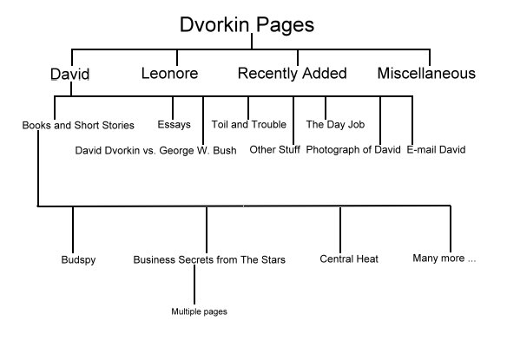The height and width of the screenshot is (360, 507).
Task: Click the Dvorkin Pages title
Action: (x=247, y=25)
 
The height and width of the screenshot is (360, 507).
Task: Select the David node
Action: (x=69, y=74)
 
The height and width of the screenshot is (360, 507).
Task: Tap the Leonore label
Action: (x=170, y=73)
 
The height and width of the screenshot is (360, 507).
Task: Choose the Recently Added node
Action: (x=293, y=74)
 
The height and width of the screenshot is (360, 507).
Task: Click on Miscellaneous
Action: (x=426, y=73)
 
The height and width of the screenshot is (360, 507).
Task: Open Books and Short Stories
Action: (x=78, y=125)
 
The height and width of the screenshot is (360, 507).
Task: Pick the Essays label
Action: (x=174, y=125)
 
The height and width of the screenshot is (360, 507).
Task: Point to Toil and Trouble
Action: (x=249, y=124)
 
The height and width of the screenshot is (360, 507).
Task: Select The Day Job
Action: (x=335, y=124)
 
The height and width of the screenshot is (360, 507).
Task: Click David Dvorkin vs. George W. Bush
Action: (x=156, y=150)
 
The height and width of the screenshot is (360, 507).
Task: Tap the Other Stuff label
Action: (x=275, y=149)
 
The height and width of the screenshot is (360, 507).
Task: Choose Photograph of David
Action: (x=353, y=149)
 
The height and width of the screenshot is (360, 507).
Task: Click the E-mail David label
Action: (x=436, y=149)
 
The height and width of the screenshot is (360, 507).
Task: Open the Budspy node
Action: (x=78, y=260)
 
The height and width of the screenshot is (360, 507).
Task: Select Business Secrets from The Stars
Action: (x=209, y=259)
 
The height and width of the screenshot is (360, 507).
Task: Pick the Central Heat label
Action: (x=349, y=259)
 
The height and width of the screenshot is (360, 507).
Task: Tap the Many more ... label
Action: (x=444, y=259)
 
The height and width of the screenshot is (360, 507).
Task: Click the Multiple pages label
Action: (x=199, y=311)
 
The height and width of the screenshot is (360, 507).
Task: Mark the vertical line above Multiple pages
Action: (x=194, y=285)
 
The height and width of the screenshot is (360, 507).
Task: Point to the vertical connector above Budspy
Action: (x=73, y=230)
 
